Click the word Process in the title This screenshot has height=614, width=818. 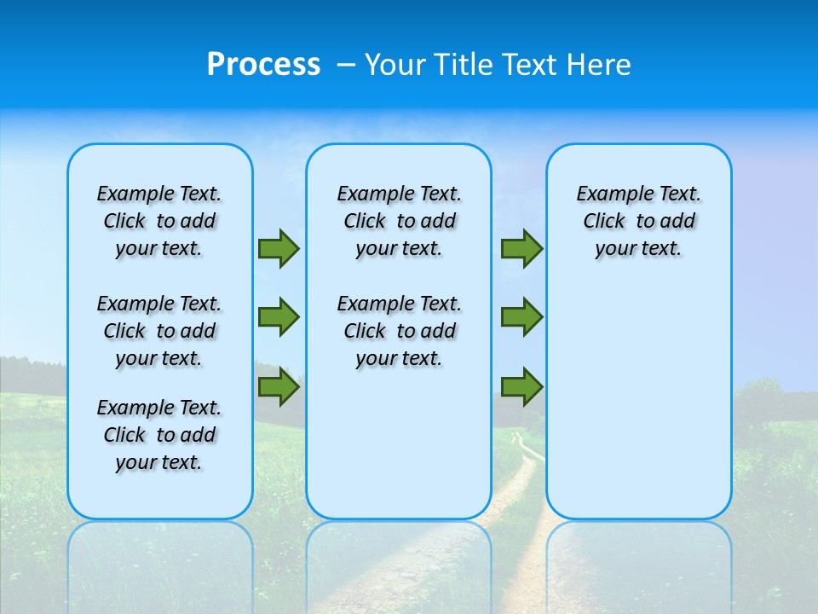(263, 65)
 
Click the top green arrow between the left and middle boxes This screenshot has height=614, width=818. (279, 248)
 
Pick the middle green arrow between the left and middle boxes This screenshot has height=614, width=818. (279, 317)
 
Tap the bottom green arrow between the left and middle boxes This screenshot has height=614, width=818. (279, 386)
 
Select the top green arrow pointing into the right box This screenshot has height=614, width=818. (521, 248)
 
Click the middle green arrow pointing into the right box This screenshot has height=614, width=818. (521, 317)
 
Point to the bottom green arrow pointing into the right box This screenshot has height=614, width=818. (521, 386)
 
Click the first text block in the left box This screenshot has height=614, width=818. (159, 221)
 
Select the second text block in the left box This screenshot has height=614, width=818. (159, 331)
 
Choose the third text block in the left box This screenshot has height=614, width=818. (159, 435)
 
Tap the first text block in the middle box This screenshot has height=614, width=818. (399, 221)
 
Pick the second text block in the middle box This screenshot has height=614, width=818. (399, 331)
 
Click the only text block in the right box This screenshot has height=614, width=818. (638, 221)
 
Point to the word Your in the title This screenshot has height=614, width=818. (396, 65)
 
